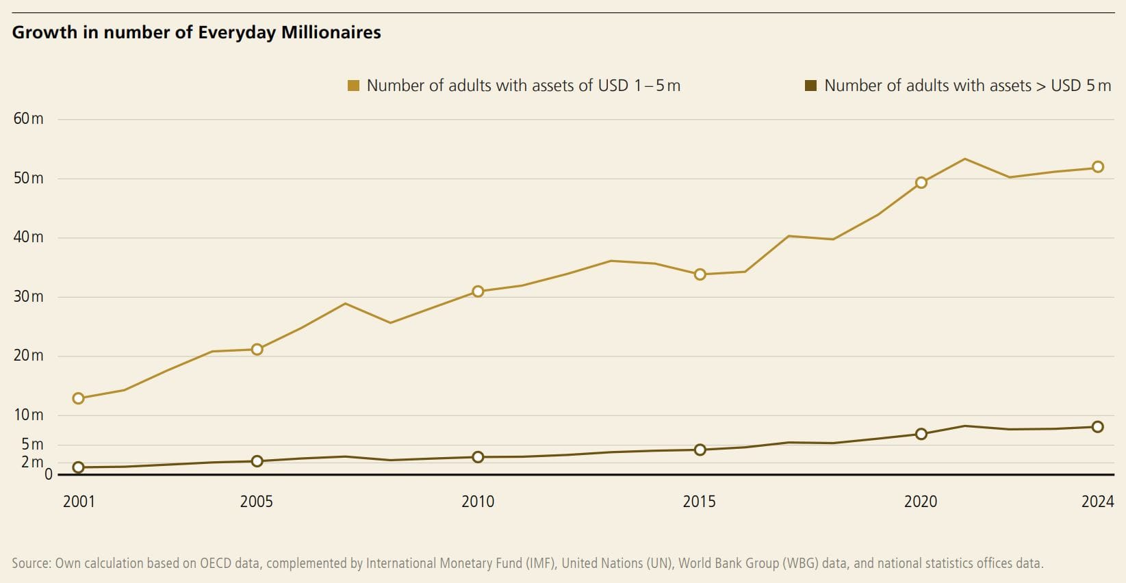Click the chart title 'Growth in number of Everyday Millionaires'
point(196,32)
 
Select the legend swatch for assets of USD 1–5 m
point(354,86)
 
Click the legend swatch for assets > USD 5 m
point(810,86)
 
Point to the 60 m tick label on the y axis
point(28,118)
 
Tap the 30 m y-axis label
point(28,296)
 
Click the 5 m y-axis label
point(32,444)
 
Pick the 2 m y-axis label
point(32,462)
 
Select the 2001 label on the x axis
point(79,502)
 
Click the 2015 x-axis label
point(699,502)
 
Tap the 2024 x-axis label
point(1097,502)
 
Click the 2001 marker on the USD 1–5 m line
point(78,398)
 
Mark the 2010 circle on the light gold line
point(478,291)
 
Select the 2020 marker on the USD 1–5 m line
point(921,183)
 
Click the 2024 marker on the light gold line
point(1097,167)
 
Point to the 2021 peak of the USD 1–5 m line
point(964,159)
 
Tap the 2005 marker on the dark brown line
point(257,461)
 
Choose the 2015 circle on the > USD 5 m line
point(700,450)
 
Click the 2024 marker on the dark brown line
point(1097,427)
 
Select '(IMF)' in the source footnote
point(541,563)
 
